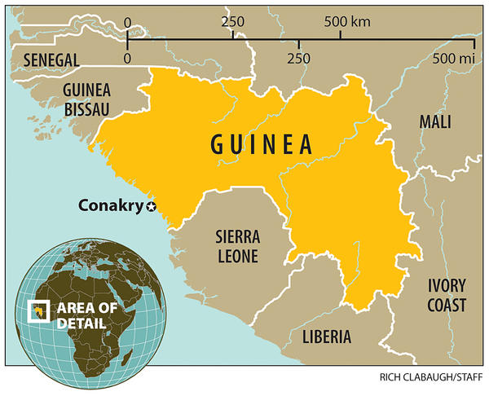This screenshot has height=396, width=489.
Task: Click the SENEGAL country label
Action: (x=51, y=59)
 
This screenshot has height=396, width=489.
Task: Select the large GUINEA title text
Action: (x=262, y=144)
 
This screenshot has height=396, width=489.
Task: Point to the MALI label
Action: (x=434, y=122)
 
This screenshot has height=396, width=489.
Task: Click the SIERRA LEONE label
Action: (x=237, y=247)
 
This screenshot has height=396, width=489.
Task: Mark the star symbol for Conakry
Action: (x=151, y=207)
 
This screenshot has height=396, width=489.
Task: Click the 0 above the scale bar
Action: (x=127, y=21)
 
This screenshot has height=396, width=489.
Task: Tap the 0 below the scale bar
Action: (x=127, y=59)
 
